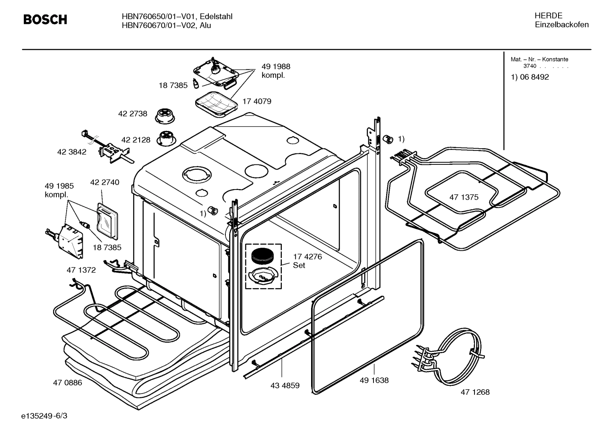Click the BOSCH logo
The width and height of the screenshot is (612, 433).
click(45, 20)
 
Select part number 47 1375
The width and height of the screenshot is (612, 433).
click(463, 197)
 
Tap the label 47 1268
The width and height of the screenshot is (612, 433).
click(475, 392)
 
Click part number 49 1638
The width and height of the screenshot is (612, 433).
click(374, 380)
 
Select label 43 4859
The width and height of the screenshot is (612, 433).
click(285, 386)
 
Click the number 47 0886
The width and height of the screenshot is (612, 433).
click(67, 382)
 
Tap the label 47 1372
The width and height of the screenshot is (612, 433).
click(81, 270)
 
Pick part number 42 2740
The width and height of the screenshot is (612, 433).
click(104, 182)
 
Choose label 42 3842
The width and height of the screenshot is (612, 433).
click(72, 152)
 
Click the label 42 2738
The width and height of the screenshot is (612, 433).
click(132, 113)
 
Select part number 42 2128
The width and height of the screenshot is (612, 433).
click(136, 140)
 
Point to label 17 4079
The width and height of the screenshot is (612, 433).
click(257, 101)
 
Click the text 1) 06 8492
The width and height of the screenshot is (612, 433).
click(530, 77)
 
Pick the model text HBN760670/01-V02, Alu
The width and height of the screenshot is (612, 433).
click(166, 25)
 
